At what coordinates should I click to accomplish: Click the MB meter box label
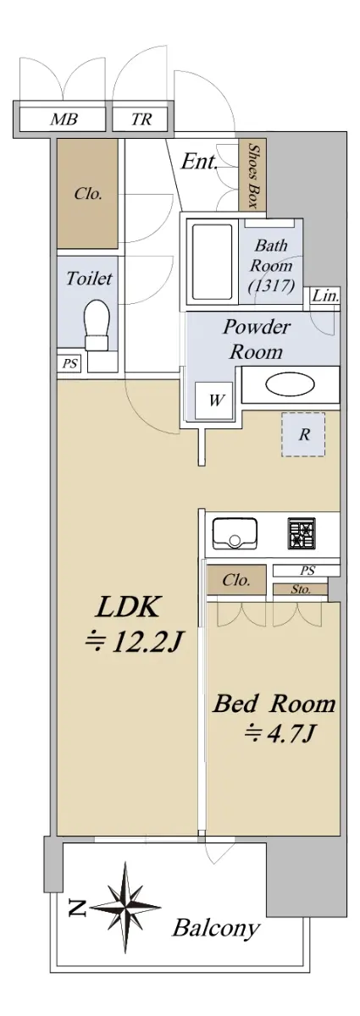click(x=64, y=119)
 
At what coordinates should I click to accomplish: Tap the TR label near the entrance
click(x=141, y=119)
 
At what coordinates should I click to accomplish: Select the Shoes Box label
click(x=254, y=176)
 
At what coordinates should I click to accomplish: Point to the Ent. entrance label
click(x=199, y=162)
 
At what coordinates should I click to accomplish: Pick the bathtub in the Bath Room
click(x=212, y=262)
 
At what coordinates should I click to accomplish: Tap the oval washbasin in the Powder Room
click(x=290, y=385)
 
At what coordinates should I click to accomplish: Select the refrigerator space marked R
click(x=303, y=434)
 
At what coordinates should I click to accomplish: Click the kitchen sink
click(x=235, y=533)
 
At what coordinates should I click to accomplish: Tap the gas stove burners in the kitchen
click(x=302, y=533)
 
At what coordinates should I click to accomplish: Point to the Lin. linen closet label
click(x=325, y=296)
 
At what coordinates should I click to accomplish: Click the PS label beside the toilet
click(x=69, y=363)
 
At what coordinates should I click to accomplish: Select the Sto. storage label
click(x=301, y=589)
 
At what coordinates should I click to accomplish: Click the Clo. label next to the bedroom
click(x=236, y=580)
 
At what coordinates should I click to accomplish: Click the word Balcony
click(x=216, y=929)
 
